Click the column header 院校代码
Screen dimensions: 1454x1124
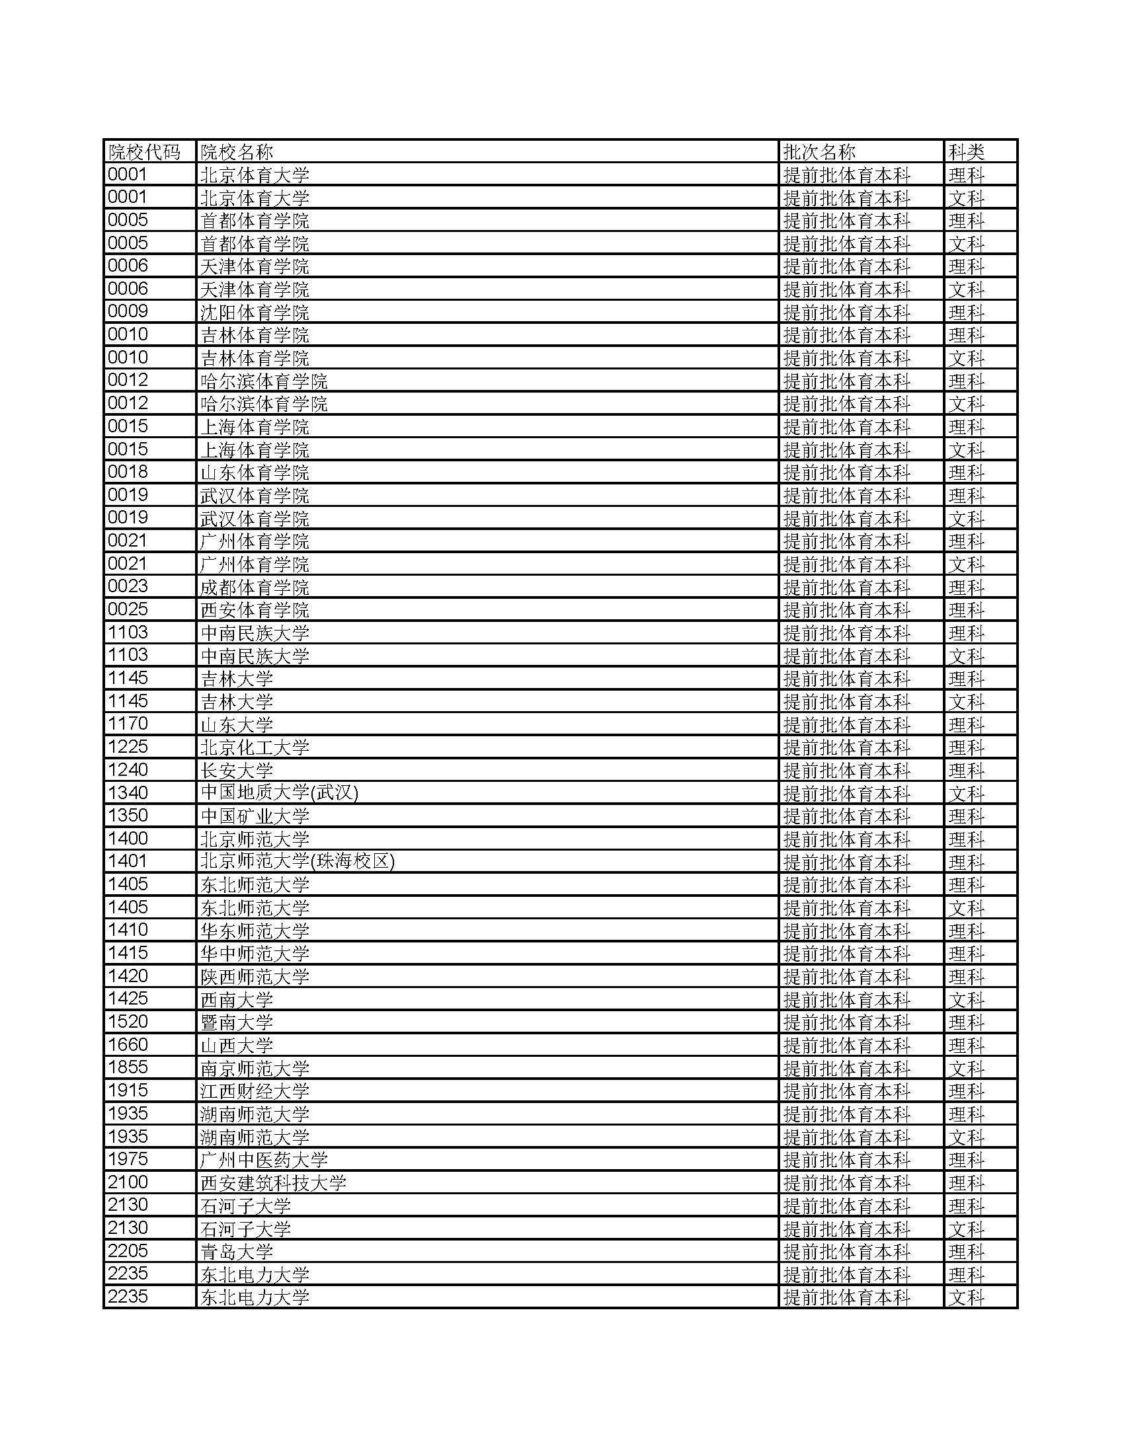click(144, 152)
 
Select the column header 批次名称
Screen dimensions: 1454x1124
click(819, 152)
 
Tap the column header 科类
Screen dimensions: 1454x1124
click(966, 152)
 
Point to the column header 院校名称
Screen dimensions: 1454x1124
click(237, 152)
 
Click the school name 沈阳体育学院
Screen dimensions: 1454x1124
click(255, 312)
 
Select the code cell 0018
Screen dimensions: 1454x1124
click(128, 472)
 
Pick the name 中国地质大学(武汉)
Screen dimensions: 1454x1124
click(280, 793)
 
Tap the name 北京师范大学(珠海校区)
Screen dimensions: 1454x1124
click(298, 861)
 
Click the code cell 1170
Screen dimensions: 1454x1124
click(128, 724)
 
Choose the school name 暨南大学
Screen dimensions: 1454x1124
click(237, 1022)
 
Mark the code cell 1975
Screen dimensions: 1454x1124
click(128, 1159)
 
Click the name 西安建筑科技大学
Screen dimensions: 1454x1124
click(274, 1182)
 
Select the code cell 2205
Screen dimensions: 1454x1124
click(128, 1251)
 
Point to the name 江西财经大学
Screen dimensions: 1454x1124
click(255, 1090)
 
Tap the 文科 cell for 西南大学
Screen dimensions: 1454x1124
click(966, 999)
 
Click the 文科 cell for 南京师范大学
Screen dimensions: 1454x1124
click(966, 1068)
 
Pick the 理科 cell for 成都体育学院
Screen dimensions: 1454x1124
click(966, 587)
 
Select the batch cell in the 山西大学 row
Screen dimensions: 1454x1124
click(846, 1046)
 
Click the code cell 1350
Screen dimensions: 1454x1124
click(128, 816)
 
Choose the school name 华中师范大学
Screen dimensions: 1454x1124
click(255, 953)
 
